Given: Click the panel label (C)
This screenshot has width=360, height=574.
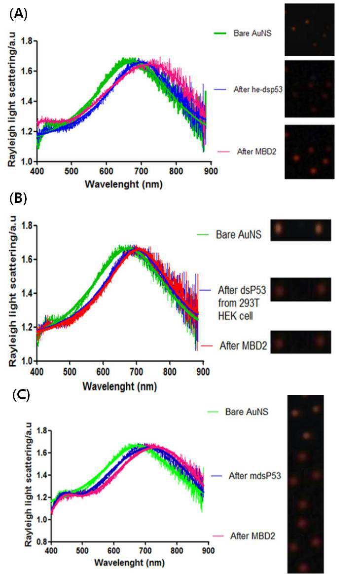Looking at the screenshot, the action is coord(21,395).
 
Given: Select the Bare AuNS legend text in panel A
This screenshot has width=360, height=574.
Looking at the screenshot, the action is coord(252,33).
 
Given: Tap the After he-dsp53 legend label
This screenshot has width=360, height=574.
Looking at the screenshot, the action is coord(258,89).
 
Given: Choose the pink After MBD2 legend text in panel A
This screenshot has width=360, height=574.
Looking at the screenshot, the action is coord(256,151).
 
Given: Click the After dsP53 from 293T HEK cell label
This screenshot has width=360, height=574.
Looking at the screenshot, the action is coord(242,303).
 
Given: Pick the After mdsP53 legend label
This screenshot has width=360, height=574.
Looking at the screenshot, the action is coord(254,475).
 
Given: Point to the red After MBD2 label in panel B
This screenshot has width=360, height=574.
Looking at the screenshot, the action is coord(243,345).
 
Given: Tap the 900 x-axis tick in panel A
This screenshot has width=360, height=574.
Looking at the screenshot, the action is coord(211,171).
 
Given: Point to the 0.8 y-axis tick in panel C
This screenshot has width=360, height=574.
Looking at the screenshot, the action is coord(42,541).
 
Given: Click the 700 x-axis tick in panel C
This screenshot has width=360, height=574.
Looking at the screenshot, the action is coord(145,550).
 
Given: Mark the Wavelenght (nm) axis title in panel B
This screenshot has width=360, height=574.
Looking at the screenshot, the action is coord(120,386).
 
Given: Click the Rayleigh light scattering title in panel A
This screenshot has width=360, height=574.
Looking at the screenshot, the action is coord(13,103).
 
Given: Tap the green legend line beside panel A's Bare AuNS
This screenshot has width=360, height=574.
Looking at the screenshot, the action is coord(220,33).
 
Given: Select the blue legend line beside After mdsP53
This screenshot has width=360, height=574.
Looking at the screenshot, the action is coord(217,476).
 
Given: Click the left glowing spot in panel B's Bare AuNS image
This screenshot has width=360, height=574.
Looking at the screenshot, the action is coord(278,229).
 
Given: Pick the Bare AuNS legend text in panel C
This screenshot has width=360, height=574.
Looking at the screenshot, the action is coord(247,412).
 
